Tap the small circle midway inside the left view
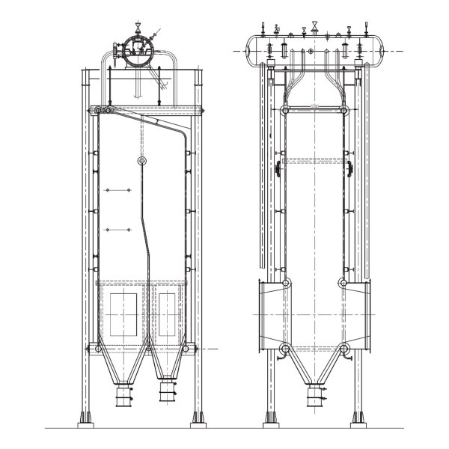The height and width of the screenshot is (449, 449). pos(142,161)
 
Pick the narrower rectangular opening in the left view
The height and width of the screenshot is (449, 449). pos(167,314)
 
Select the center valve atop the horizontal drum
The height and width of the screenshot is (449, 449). pos(316,28)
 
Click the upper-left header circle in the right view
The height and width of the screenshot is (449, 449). pos(285,110)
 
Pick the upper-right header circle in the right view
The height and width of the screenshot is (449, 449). pos(345,110)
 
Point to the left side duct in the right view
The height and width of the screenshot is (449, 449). pos(269,315)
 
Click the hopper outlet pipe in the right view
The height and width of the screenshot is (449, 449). pos(315,396)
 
